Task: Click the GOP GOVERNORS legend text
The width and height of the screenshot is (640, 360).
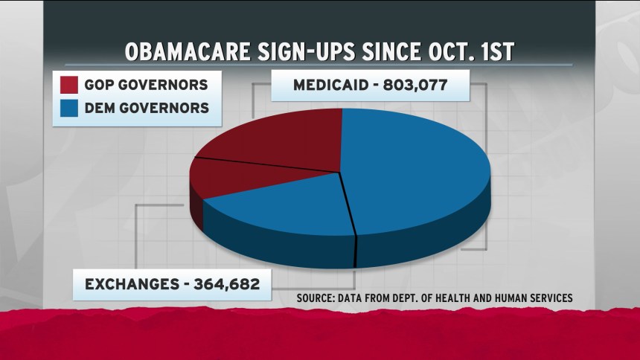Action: click(147, 83)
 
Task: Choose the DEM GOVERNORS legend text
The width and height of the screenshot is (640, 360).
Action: click(147, 109)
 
